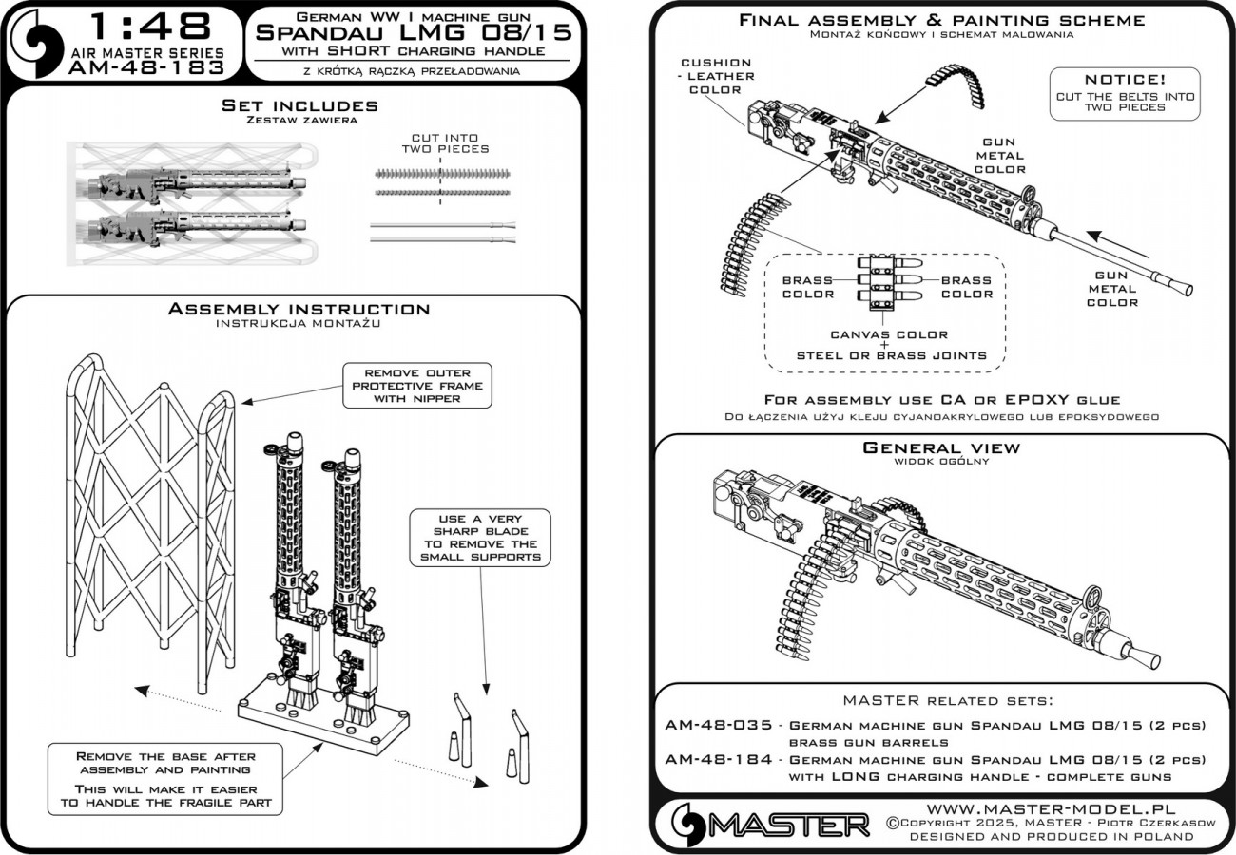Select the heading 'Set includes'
[299, 105]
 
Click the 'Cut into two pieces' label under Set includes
[444, 142]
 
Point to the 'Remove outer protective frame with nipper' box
[417, 386]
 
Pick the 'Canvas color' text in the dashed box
[889, 334]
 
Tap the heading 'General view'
[940, 447]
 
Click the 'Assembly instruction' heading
[299, 309]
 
